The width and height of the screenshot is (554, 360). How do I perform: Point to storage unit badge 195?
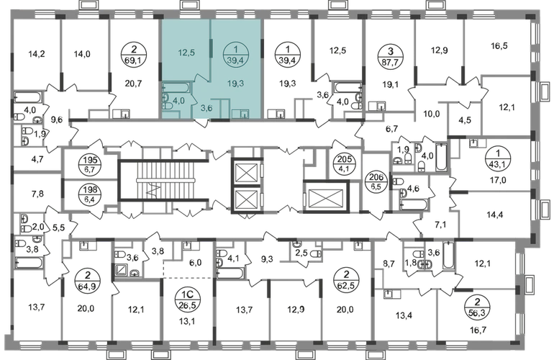[90, 165]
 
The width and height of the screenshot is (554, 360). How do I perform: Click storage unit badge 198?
[90, 194]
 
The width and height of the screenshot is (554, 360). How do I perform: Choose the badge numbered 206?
[376, 181]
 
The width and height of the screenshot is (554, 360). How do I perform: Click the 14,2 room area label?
[37, 54]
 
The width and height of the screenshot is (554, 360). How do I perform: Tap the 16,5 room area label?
[499, 45]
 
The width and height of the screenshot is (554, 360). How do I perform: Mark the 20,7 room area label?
[134, 84]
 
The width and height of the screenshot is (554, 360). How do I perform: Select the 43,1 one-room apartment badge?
[498, 158]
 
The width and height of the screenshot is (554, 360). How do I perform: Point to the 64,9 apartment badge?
[88, 279]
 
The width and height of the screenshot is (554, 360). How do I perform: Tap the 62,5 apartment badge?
[346, 279]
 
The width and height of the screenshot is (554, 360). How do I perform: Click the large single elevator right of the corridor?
[325, 197]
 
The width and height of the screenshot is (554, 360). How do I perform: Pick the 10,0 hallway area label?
[432, 114]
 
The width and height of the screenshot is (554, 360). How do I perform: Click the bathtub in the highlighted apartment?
[178, 87]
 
